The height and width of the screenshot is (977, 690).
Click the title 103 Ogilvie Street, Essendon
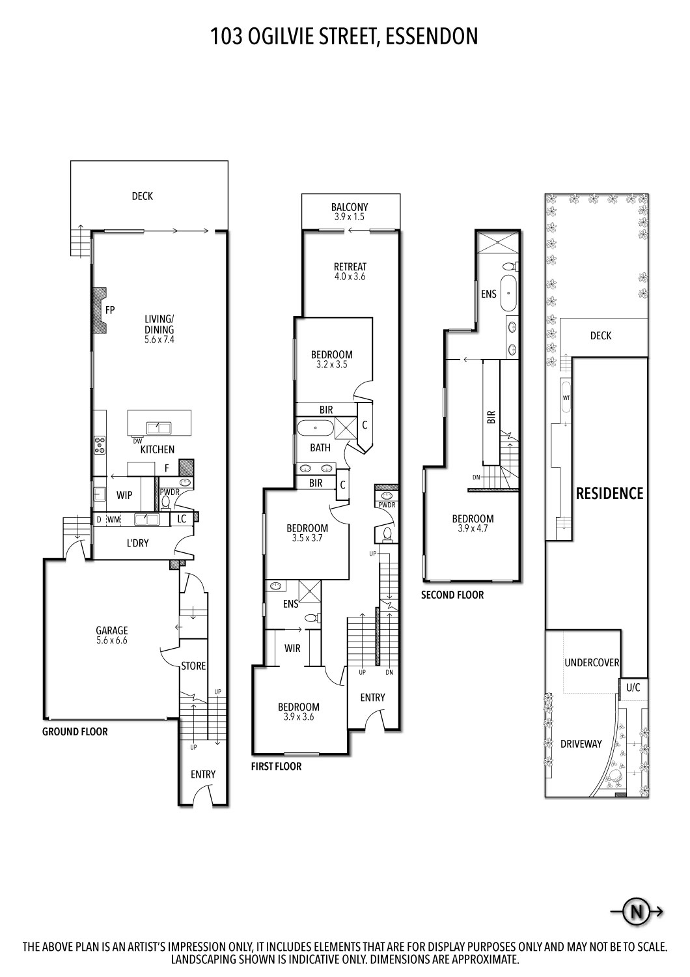pyautogui.click(x=344, y=36)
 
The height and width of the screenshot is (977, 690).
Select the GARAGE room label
pyautogui.click(x=112, y=630)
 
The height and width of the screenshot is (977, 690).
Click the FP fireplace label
pyautogui.click(x=110, y=310)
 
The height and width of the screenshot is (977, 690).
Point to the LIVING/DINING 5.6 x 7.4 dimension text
pyautogui.click(x=159, y=339)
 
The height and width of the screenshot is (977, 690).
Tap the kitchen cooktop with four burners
pyautogui.click(x=100, y=444)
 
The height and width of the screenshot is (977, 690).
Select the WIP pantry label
pyautogui.click(x=124, y=495)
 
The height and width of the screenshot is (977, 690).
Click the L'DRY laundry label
pyautogui.click(x=137, y=543)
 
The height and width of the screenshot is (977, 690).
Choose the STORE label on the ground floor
pyautogui.click(x=193, y=666)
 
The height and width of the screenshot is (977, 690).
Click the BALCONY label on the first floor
pyautogui.click(x=350, y=208)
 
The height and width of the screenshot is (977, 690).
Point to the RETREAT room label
pyautogui.click(x=350, y=266)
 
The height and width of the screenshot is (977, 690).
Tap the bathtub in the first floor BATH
pyautogui.click(x=316, y=429)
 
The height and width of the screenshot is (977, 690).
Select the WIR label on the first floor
pyautogui.click(x=292, y=648)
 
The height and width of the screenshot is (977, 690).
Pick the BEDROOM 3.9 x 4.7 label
pyautogui.click(x=473, y=519)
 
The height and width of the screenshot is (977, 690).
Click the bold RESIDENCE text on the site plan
pyautogui.click(x=609, y=493)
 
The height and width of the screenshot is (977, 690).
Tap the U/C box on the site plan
pyautogui.click(x=633, y=687)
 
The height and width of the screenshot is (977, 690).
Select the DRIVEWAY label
pyautogui.click(x=581, y=743)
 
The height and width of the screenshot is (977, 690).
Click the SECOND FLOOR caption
pyautogui.click(x=452, y=595)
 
